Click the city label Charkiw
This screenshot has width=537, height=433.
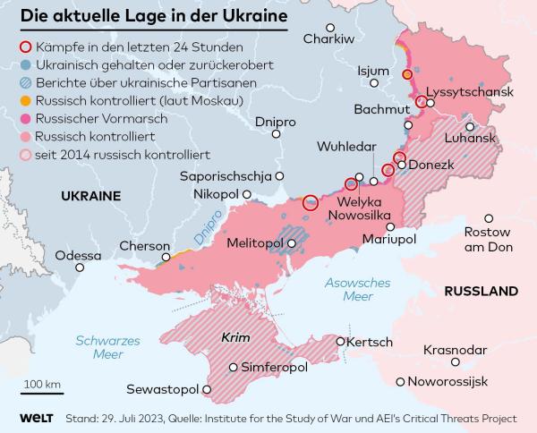(328, 38)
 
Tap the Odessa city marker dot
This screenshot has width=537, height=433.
(81, 267)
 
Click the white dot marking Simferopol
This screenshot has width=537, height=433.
(234, 367)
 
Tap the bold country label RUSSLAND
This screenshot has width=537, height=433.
(481, 292)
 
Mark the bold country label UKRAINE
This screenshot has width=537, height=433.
(90, 195)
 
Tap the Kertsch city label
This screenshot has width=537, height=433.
(370, 343)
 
